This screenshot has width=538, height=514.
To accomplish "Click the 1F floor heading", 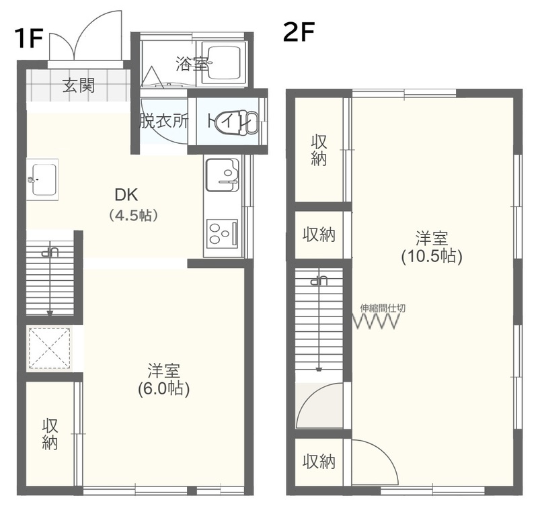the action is [28, 38].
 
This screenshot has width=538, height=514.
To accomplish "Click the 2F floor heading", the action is [299, 32].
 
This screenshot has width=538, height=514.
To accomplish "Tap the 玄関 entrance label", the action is [78, 85].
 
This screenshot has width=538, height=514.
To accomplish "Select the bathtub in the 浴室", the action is [224, 63].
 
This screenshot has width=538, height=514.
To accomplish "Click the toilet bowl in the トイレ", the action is [237, 122].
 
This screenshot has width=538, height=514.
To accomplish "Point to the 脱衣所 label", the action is [164, 121].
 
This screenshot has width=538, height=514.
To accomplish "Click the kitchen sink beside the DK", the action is [223, 175].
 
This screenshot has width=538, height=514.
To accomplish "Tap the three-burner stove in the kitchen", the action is [223, 234].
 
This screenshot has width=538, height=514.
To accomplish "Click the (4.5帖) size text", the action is [133, 215].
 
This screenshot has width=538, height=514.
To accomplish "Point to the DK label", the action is [126, 195].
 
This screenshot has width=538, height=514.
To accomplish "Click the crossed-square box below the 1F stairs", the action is [50, 348].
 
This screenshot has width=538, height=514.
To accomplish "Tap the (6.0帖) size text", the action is [163, 389].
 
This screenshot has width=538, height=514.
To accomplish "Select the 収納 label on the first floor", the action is [50, 434].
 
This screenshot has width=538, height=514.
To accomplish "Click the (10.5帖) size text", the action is [432, 256].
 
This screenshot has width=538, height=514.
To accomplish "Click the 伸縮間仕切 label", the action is [383, 308].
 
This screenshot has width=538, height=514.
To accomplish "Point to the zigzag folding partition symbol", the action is [377, 323].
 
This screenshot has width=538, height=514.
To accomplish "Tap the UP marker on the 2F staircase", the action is [319, 281].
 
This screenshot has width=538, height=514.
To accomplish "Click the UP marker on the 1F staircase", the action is [50, 253].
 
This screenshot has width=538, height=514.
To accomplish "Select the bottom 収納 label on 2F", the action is [319, 462].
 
